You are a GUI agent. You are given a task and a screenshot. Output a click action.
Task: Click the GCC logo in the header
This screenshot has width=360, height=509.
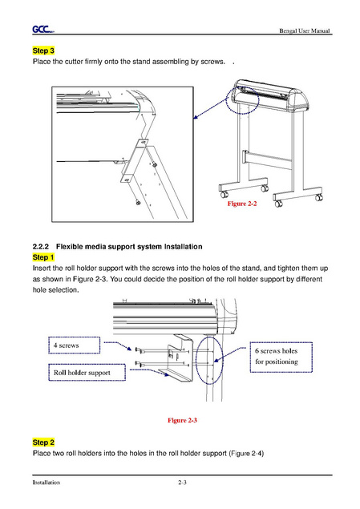[x=43, y=30]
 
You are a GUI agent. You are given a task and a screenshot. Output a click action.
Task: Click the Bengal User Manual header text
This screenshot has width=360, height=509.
[x=305, y=30]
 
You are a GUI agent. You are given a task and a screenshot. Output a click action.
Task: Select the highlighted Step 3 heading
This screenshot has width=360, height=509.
[x=43, y=50]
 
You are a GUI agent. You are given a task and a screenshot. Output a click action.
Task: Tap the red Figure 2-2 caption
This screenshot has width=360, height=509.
[x=242, y=204]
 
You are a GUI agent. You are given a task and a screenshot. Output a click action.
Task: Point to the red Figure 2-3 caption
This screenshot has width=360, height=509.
[x=182, y=420]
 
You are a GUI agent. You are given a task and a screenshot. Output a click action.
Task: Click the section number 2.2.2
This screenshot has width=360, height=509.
[x=41, y=247]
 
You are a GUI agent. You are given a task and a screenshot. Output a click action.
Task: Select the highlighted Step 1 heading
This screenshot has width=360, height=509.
[x=43, y=257]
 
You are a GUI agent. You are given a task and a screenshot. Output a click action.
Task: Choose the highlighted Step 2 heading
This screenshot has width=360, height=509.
[x=43, y=442]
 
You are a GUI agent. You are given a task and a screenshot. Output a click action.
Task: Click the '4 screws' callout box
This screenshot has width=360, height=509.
[x=75, y=345]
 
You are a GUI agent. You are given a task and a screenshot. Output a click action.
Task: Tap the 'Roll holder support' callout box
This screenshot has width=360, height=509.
[x=87, y=373]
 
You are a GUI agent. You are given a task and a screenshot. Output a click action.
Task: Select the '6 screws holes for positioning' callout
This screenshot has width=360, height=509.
[x=281, y=357]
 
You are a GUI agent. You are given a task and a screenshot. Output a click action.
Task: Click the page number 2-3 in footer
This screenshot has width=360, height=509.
[x=182, y=483]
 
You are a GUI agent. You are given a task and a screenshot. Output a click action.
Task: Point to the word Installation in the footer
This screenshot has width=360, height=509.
[x=46, y=483]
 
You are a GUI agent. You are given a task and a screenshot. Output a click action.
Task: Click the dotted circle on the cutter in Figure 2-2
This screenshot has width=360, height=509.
[x=226, y=101]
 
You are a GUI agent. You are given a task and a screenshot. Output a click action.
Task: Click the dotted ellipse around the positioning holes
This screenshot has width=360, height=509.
[x=196, y=361]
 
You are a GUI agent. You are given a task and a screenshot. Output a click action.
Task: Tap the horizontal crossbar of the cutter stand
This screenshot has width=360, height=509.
[x=268, y=160]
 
